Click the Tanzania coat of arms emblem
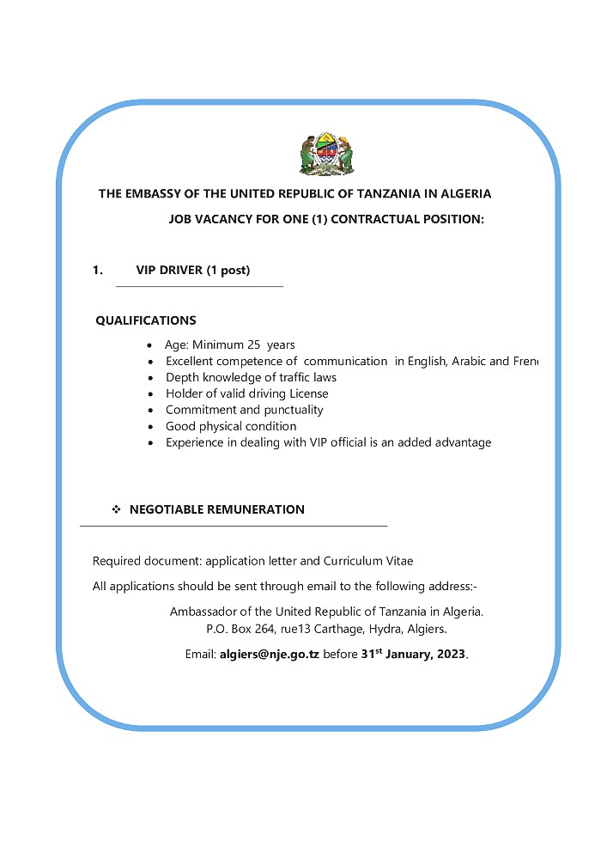pos(326,155)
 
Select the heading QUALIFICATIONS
pos(145,320)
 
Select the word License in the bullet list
pos(306,393)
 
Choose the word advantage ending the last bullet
pos(460,442)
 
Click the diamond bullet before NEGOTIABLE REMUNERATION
pos(117,510)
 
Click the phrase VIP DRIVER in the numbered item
pos(170,270)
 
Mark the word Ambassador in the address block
pos(204,612)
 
